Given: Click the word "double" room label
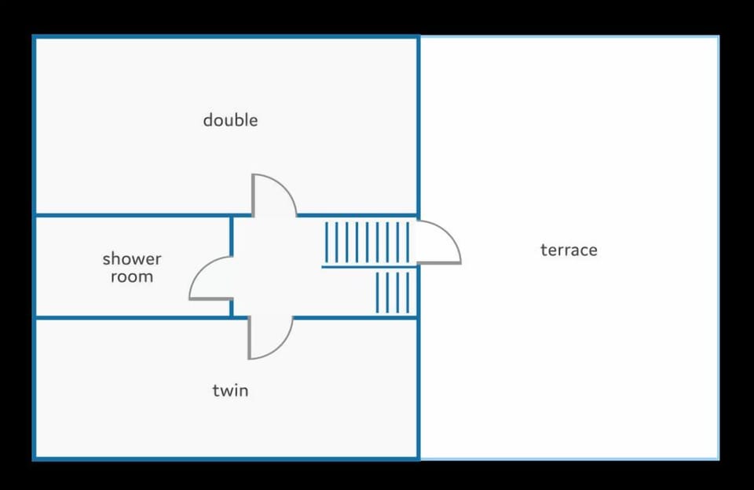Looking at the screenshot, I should pyautogui.click(x=230, y=120).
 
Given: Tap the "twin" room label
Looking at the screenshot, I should pyautogui.click(x=230, y=390).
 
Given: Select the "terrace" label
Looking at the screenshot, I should pyautogui.click(x=569, y=250).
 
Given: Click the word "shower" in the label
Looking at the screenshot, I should pyautogui.click(x=132, y=258).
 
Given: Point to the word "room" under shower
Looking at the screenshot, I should pyautogui.click(x=132, y=276).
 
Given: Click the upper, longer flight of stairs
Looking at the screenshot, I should pyautogui.click(x=368, y=242).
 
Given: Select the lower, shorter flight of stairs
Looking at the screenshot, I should pyautogui.click(x=393, y=292).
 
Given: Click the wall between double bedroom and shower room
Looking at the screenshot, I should pyautogui.click(x=134, y=214).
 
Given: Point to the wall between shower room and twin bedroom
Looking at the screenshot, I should pyautogui.click(x=134, y=317).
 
